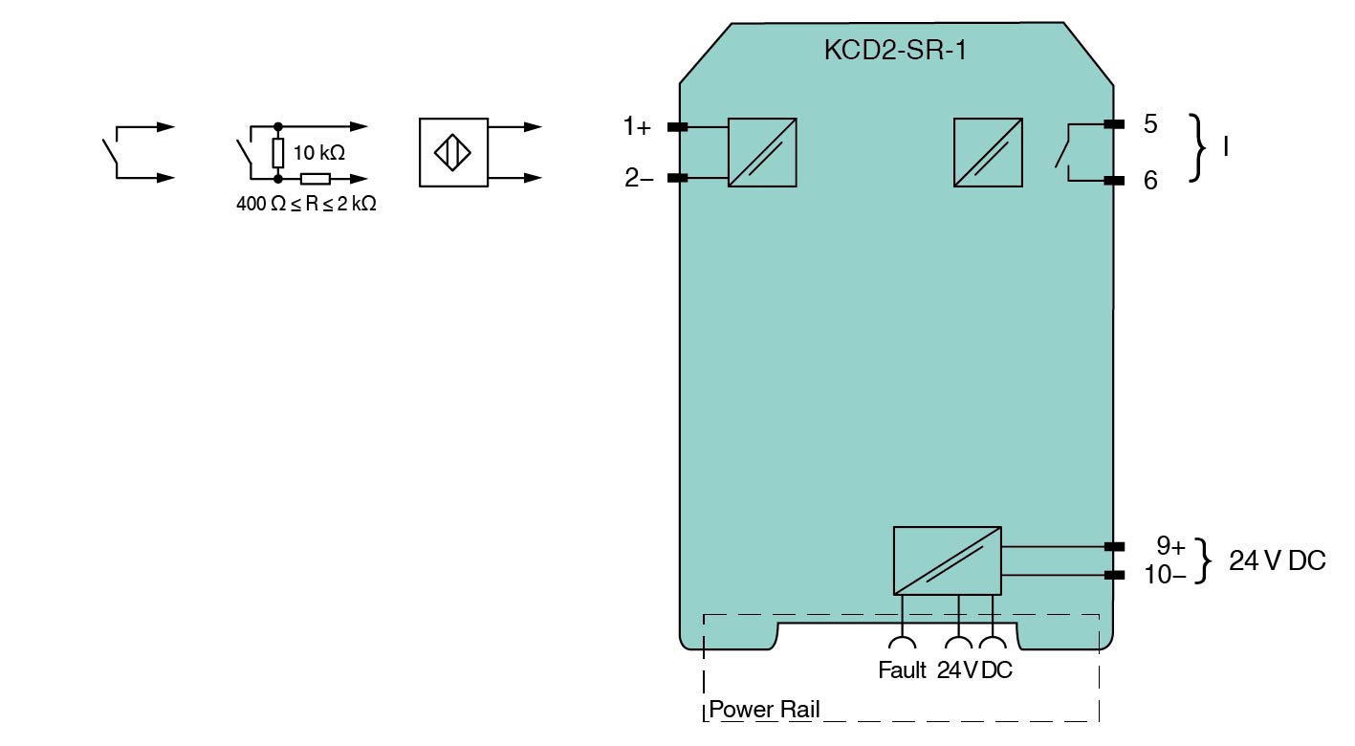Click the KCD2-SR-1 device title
[x=895, y=51]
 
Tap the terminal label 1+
[x=637, y=125]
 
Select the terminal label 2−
[x=639, y=178]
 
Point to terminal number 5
[x=1149, y=124]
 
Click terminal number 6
[x=1150, y=180]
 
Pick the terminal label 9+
[x=1170, y=546]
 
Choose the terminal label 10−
[x=1165, y=575]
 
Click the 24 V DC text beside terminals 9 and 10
[x=1278, y=561]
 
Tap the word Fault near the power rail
[x=902, y=670]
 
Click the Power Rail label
[x=764, y=710]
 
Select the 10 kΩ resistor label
[x=319, y=153]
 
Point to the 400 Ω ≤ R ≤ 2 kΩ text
[x=306, y=204]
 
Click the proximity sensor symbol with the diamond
[x=453, y=152]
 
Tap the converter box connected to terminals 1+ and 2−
[x=762, y=152]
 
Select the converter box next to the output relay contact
[x=988, y=152]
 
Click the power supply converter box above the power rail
[x=947, y=560]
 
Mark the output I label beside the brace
[x=1227, y=148]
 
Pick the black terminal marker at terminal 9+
[x=1113, y=546]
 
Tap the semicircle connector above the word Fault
[x=901, y=644]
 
